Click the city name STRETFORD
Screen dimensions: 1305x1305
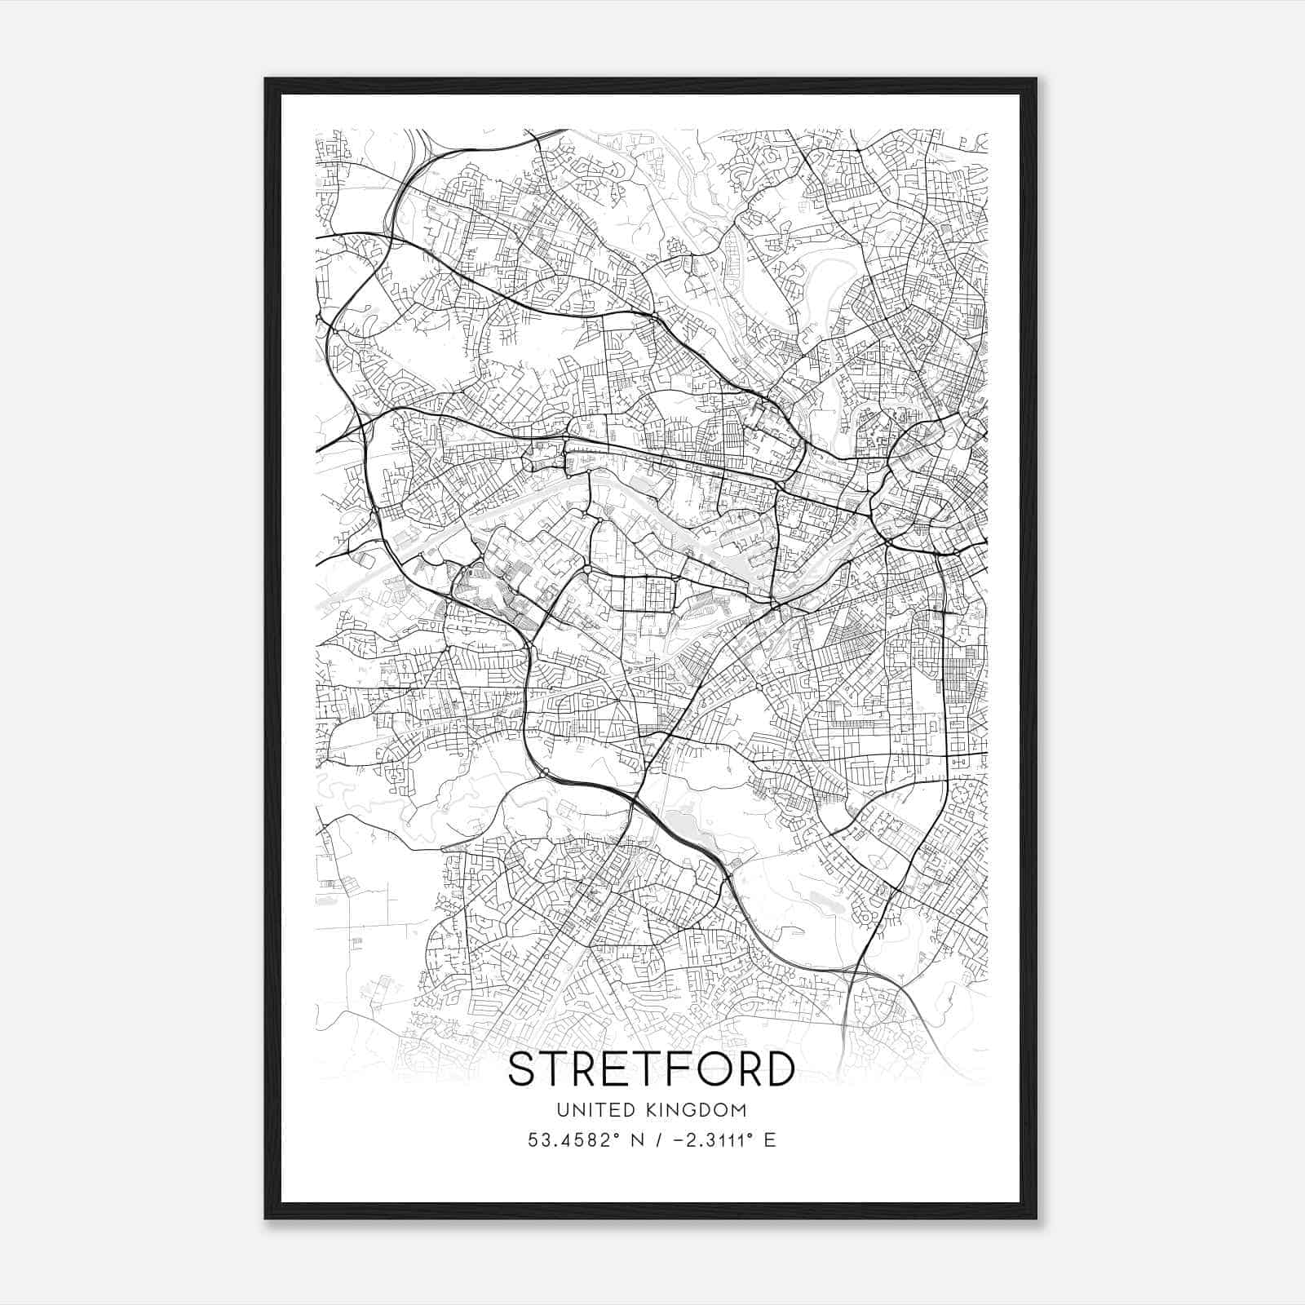(652, 1068)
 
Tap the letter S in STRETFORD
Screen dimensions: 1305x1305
(523, 1068)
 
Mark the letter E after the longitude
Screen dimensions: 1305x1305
(770, 1140)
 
